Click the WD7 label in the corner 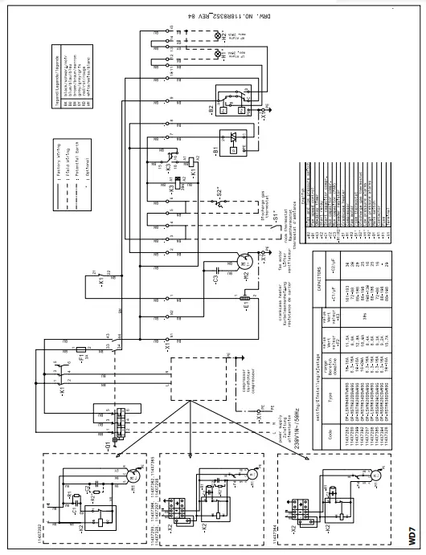click(x=412, y=533)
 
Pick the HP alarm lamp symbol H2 click(x=215, y=36)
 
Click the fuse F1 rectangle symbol click(x=80, y=352)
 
